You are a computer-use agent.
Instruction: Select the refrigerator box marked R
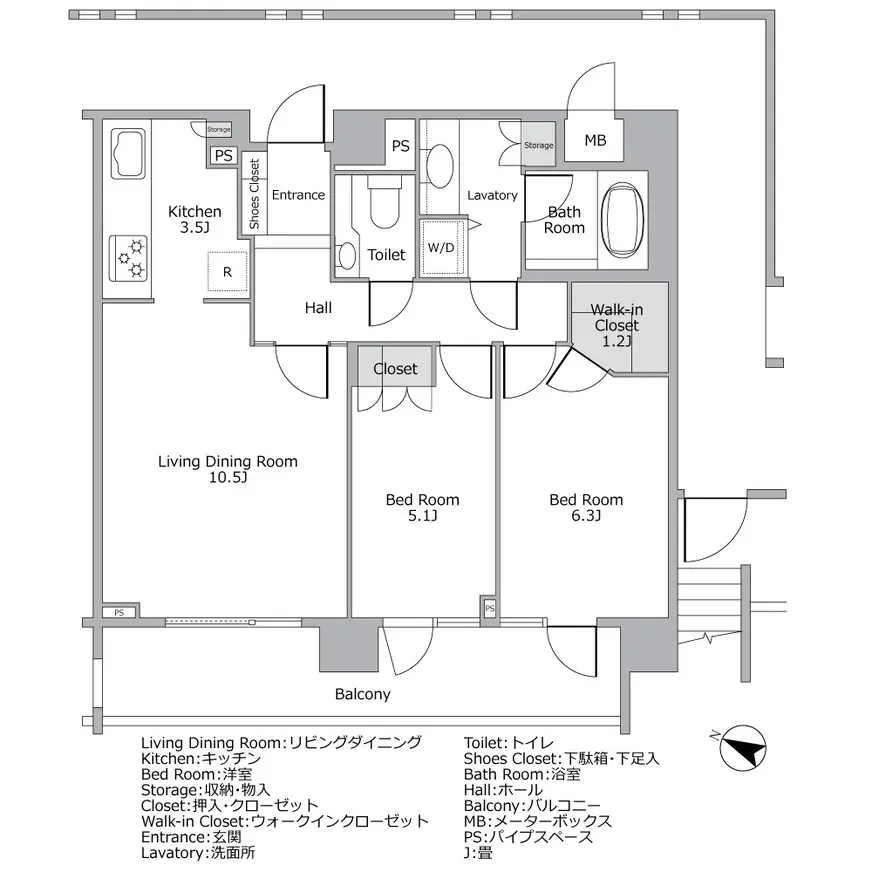(228, 271)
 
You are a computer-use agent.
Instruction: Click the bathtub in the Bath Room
(622, 219)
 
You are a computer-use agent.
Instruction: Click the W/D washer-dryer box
(441, 247)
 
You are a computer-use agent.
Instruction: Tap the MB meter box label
(595, 141)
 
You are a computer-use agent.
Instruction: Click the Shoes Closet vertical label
(254, 195)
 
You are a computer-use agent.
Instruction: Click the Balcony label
(362, 694)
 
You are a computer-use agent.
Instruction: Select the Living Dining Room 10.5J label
(228, 469)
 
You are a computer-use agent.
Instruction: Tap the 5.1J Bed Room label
(423, 508)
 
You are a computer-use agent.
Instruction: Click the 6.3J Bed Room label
(586, 508)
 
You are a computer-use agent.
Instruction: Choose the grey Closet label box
(395, 369)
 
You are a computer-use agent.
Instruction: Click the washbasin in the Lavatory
(439, 166)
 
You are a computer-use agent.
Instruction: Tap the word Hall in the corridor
(318, 308)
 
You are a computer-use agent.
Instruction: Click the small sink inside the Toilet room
(346, 256)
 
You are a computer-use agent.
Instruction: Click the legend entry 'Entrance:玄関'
(191, 837)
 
